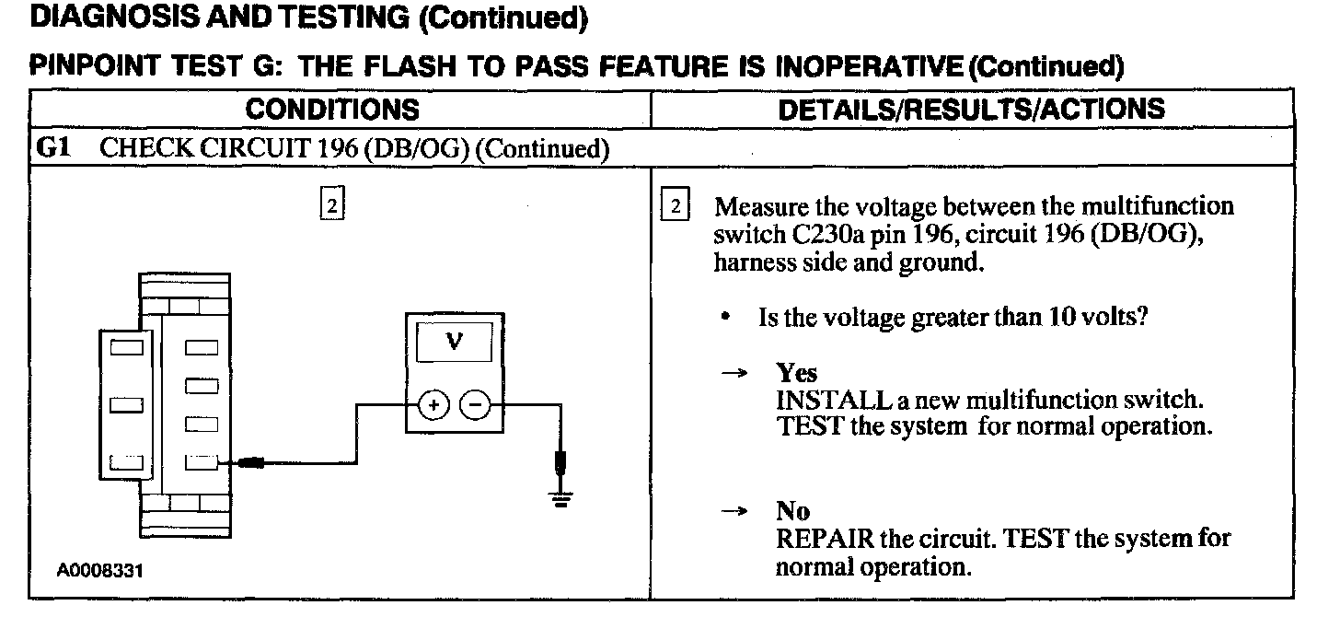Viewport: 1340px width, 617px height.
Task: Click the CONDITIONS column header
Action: click(x=333, y=110)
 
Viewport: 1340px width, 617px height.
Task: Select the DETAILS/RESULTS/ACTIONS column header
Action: click(x=971, y=110)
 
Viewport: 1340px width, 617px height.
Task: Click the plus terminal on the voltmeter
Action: click(x=434, y=404)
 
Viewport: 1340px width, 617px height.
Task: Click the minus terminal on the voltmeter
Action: click(x=474, y=404)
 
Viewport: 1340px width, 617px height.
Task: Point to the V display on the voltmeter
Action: click(x=454, y=341)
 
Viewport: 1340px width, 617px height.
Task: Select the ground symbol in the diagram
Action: click(x=561, y=497)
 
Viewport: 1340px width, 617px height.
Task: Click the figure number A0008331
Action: click(x=100, y=571)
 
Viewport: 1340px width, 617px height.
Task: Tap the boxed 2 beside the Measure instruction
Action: click(x=676, y=206)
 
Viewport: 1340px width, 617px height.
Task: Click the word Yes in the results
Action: click(x=796, y=372)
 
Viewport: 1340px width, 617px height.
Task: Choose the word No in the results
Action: click(x=792, y=513)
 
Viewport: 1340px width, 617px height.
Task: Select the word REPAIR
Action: click(x=825, y=539)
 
